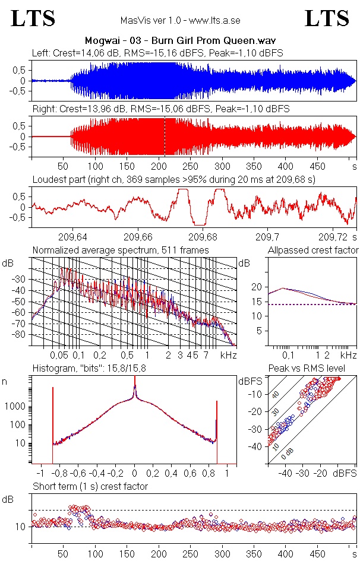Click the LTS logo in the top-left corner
(33, 18)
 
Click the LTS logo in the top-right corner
(327, 18)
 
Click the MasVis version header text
(179, 20)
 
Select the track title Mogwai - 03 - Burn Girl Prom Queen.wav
(180, 41)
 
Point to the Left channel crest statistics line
(157, 53)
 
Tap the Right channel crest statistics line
(161, 109)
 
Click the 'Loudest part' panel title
(173, 179)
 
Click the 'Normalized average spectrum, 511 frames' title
(121, 250)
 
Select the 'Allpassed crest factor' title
(313, 250)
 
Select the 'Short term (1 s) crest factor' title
(90, 486)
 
